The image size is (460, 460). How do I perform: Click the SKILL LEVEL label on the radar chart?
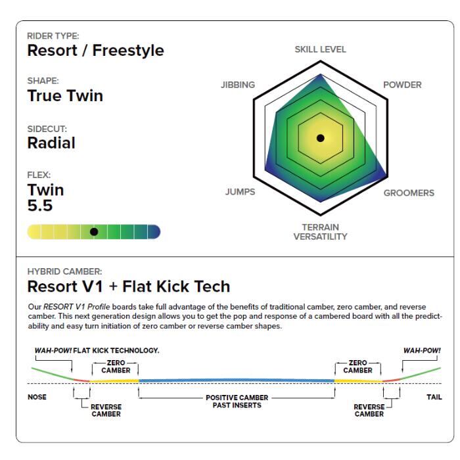tap(321, 49)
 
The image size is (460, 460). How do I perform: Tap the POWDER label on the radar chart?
tap(402, 85)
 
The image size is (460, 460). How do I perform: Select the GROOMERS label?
tap(409, 193)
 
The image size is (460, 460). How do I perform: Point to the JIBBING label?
tap(238, 85)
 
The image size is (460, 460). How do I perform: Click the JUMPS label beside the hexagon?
tap(240, 192)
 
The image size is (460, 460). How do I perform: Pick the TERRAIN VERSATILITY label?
tap(321, 232)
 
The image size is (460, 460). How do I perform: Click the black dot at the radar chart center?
tap(321, 138)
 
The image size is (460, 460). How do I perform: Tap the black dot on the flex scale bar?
tap(94, 232)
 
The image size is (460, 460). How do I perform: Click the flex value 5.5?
tap(40, 205)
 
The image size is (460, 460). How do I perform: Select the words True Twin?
tap(65, 96)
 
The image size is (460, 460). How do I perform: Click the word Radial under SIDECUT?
tap(51, 143)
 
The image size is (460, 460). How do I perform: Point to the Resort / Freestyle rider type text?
tap(96, 51)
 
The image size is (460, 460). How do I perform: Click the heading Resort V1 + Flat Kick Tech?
tap(129, 287)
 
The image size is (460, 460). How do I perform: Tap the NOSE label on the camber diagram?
tap(37, 397)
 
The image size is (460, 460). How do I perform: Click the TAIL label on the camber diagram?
tap(434, 397)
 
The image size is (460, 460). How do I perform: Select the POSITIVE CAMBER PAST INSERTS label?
tap(237, 402)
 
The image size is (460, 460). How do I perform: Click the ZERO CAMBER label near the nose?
tap(116, 367)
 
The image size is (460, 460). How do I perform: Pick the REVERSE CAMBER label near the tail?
tap(369, 411)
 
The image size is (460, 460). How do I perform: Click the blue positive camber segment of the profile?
tap(237, 380)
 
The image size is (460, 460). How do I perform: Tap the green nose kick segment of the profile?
tap(53, 373)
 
